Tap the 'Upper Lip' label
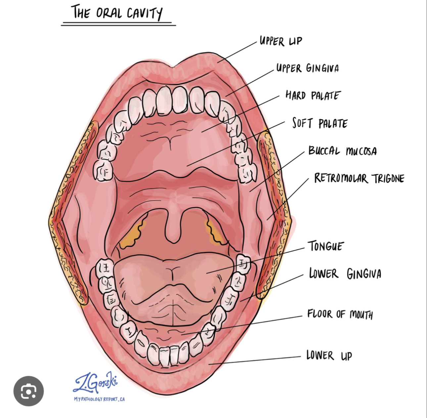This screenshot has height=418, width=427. [281, 41]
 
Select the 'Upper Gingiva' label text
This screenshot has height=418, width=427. [308, 68]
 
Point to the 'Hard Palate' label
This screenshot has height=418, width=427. [313, 96]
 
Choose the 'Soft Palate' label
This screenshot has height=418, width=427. [320, 124]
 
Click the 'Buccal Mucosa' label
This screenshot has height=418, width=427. [343, 151]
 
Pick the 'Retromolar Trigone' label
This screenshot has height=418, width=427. [359, 178]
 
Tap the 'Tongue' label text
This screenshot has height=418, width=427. [326, 246]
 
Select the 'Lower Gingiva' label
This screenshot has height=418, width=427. [345, 274]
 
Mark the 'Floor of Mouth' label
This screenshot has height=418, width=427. [340, 314]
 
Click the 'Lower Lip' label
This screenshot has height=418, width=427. [329, 355]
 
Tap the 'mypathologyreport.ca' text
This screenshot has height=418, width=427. [99, 399]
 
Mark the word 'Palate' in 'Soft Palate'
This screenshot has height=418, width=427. [333, 124]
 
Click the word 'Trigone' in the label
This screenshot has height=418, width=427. [388, 179]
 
